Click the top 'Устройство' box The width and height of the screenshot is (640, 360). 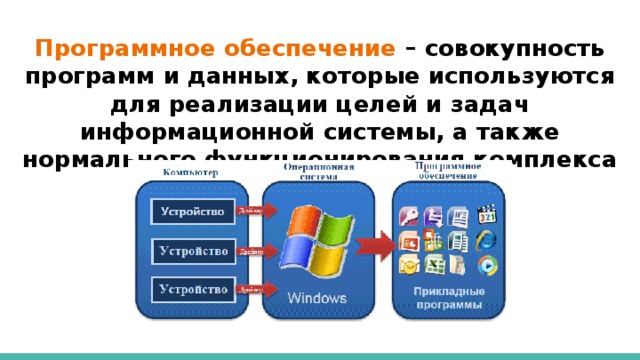point(194,212)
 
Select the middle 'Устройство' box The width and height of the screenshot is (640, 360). point(194,250)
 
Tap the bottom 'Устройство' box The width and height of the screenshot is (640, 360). point(194,290)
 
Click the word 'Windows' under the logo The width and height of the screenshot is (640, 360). point(318,297)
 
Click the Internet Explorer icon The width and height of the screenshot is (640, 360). point(487,241)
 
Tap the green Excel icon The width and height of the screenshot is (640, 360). point(434,265)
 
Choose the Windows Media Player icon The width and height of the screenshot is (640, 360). point(487,265)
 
